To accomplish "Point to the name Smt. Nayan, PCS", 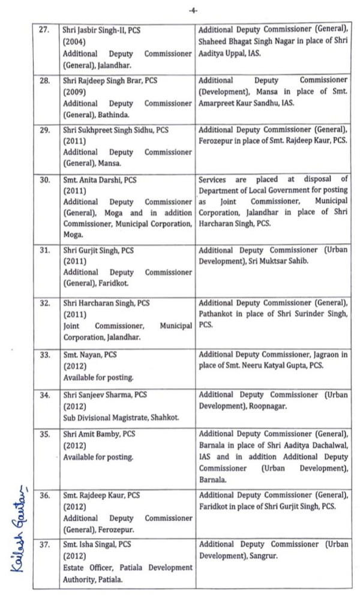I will click(x=90, y=355).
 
